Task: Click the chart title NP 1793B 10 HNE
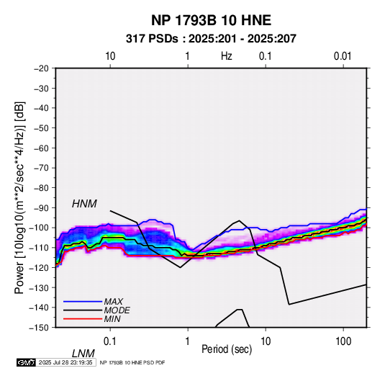(x=211, y=20)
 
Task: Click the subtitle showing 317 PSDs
(x=211, y=39)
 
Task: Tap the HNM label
(x=84, y=204)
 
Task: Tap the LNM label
(x=83, y=354)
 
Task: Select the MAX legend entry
(x=113, y=301)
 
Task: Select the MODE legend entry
(x=117, y=310)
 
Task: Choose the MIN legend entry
(x=112, y=319)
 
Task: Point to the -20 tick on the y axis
(x=41, y=68)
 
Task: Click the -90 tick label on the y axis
(x=41, y=207)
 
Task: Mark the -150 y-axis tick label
(x=40, y=328)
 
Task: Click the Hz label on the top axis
(x=227, y=56)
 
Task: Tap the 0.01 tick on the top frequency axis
(x=343, y=56)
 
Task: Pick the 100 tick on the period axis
(x=343, y=341)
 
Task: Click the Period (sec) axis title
(x=227, y=349)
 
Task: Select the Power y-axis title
(x=19, y=197)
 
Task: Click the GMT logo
(x=26, y=362)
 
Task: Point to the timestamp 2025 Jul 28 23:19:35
(x=65, y=362)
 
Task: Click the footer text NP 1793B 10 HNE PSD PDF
(x=132, y=362)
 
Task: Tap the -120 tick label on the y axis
(x=40, y=267)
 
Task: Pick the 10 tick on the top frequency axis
(x=110, y=56)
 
